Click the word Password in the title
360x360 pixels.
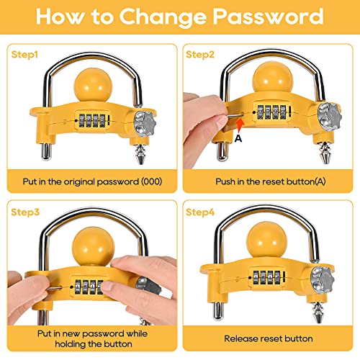click(x=269, y=17)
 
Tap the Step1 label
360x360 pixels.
click(x=24, y=55)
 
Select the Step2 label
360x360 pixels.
click(x=200, y=55)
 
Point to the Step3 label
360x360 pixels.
click(x=25, y=212)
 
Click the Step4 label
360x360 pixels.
click(x=200, y=212)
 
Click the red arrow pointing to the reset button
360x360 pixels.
click(x=240, y=125)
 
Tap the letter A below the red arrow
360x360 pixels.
click(x=238, y=138)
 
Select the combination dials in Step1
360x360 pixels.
click(x=92, y=121)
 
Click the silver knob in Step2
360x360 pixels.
click(x=330, y=117)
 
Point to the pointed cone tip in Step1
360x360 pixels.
click(x=140, y=154)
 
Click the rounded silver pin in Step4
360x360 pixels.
click(x=218, y=311)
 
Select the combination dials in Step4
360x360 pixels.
click(x=267, y=278)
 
